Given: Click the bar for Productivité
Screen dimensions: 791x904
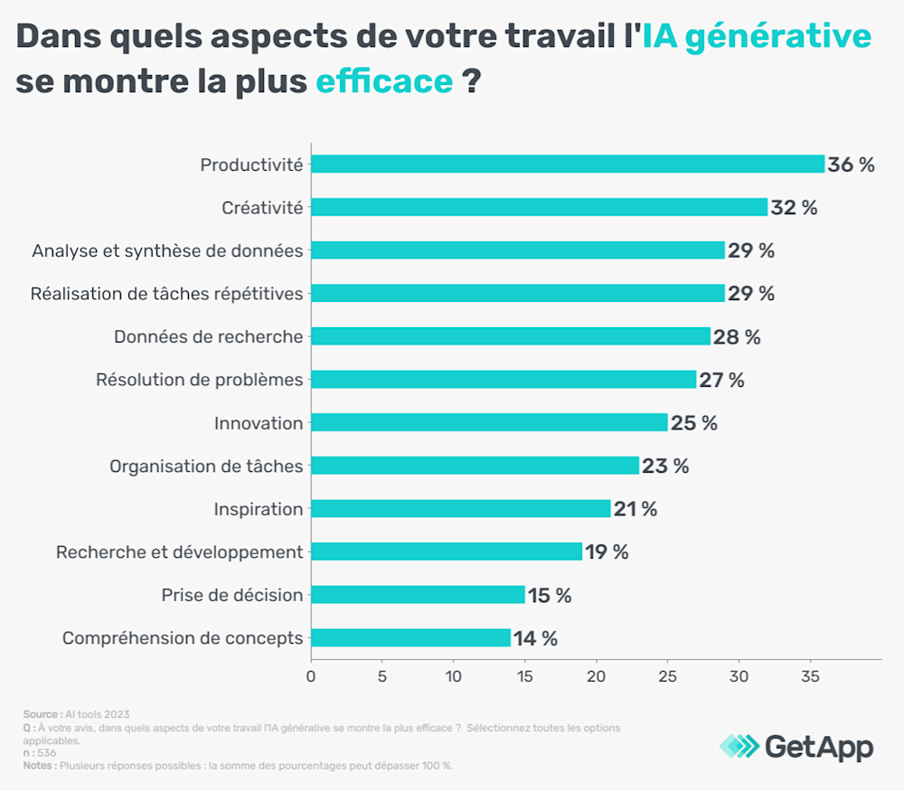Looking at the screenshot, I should pos(568,165).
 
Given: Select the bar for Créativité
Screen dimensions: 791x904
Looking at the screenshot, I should pos(539,207).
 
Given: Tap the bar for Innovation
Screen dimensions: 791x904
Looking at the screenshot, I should pos(489,422).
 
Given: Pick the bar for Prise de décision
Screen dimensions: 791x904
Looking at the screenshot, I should pos(418,595).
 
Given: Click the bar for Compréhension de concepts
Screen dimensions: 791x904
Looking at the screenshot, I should pos(410,638).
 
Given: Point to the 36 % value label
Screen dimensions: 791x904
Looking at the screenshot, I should pos(851,165).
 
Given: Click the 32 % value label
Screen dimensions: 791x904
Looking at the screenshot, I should pos(794,207).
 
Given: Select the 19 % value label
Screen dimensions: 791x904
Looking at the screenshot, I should pos(607,551).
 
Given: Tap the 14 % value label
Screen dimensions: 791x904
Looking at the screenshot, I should pos(535,638).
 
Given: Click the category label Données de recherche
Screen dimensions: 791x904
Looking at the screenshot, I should pos(208,336).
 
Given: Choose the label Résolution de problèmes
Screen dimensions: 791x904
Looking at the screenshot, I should pos(199,380).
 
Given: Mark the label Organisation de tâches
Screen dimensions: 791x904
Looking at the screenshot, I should pos(206,466).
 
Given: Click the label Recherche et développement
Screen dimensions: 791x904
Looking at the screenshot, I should pos(179,551).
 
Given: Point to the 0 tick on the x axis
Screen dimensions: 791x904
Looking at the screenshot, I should pos(311,675).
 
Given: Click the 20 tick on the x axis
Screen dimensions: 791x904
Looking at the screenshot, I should pos(596,675).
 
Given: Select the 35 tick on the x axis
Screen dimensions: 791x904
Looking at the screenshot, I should pos(810,675).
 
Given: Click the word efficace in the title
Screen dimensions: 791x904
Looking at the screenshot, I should pos(384,81).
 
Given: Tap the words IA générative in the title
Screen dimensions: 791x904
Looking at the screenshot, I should pos(758,36).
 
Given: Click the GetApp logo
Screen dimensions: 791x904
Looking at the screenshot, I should pos(796,747).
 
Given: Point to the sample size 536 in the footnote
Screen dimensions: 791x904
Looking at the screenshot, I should pos(45,752).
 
